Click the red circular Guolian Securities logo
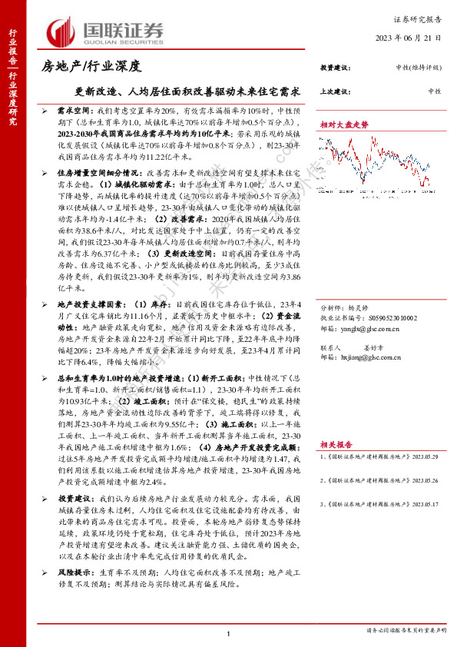coord(62,31)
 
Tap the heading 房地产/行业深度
coord(91,68)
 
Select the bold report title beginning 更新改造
coord(181,90)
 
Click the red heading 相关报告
coord(336,444)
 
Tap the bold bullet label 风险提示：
coord(76,573)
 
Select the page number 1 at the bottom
coord(229,632)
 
